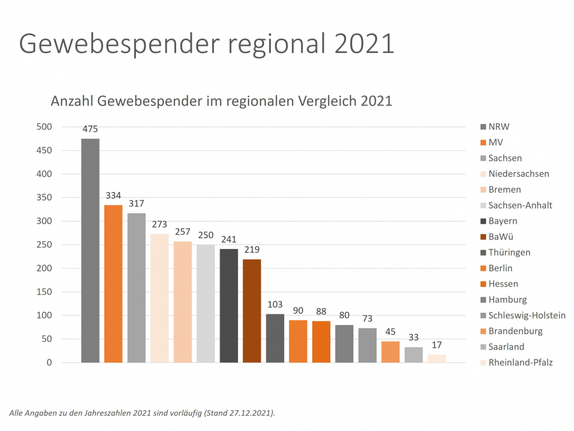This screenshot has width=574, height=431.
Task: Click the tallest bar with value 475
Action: pos(90,250)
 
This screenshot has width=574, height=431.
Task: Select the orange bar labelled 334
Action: pos(113,284)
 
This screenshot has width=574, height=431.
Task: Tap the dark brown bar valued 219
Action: pos(252,310)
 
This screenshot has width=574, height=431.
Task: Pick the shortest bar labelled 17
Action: pos(436,358)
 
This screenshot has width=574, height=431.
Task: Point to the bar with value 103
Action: pos(275,338)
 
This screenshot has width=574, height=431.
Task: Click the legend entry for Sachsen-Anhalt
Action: pos(520,205)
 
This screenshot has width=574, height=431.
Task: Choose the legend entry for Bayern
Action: pos(503,221)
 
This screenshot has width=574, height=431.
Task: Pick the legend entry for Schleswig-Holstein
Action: pos(527,315)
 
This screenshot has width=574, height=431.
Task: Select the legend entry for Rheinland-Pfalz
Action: pos(521,362)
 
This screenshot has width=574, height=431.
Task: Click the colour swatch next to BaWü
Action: pos(483,237)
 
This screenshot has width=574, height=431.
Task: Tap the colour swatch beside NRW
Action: pos(483,127)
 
